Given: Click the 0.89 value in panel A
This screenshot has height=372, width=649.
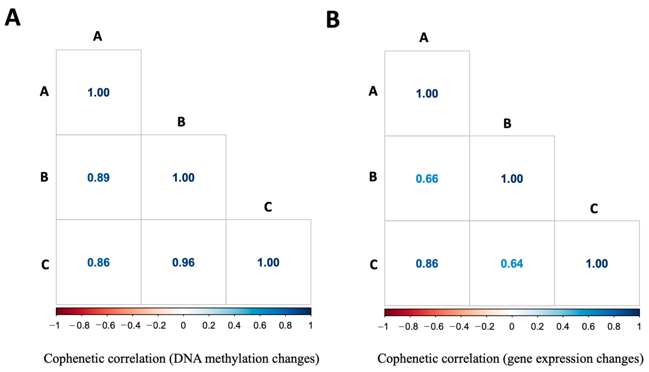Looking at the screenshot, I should (99, 178).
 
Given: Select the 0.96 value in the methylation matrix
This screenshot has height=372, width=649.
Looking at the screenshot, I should (183, 262).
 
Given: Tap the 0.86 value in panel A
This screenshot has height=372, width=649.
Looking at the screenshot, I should (99, 262).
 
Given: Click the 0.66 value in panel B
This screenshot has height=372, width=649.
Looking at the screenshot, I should (427, 179).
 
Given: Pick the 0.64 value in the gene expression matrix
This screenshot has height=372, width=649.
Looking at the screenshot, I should (512, 263).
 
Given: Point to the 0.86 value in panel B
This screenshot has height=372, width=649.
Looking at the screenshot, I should (427, 263).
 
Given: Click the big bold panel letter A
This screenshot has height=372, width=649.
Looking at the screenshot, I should (13, 17).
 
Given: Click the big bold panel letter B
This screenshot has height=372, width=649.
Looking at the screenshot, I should (333, 20).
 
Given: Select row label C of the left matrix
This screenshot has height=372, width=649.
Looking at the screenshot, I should (45, 265).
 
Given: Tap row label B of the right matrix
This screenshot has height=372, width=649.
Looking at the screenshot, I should (373, 177).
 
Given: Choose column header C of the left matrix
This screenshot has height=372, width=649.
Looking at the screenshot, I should (268, 207).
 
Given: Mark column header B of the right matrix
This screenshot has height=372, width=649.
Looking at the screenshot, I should (507, 124).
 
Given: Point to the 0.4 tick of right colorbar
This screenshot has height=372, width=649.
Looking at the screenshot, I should (563, 326).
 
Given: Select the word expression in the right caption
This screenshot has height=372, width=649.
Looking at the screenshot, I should (560, 359).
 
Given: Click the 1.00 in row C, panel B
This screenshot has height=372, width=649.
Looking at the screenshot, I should (597, 263).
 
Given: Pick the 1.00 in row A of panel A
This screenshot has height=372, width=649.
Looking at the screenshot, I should (99, 93).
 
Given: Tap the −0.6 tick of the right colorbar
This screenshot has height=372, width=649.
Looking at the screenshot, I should (434, 326).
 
